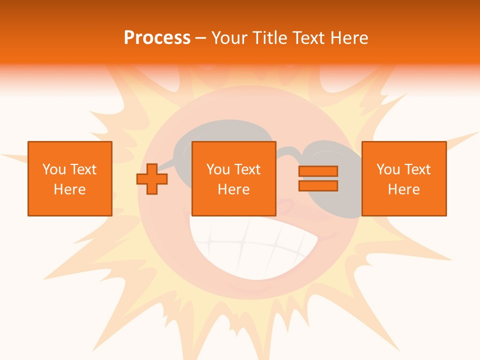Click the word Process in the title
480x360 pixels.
(157, 38)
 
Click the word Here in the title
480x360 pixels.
(349, 38)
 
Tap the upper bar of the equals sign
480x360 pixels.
(318, 171)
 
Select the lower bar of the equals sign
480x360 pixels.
(318, 186)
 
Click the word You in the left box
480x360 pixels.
(53, 169)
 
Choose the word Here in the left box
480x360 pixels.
(69, 189)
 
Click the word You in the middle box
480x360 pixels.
(218, 169)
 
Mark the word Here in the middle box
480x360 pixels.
(233, 189)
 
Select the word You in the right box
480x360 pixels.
(388, 169)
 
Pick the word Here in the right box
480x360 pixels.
(403, 189)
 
